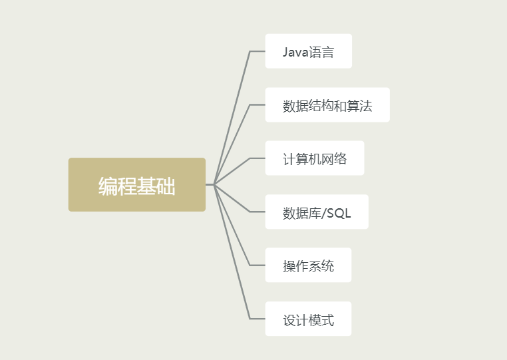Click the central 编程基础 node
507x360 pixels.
136,185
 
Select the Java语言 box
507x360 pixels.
308,51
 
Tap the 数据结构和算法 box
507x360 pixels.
327,105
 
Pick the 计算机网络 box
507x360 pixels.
314,158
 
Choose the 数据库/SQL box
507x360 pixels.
317,212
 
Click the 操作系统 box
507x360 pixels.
308,266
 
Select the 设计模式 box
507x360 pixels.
308,319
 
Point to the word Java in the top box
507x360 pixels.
295,52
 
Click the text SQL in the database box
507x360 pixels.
339,213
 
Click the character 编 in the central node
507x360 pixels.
108,186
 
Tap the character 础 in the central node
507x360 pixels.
166,186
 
